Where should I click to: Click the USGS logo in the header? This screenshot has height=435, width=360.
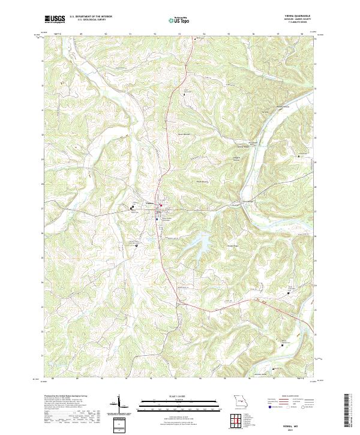coord(55,19)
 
